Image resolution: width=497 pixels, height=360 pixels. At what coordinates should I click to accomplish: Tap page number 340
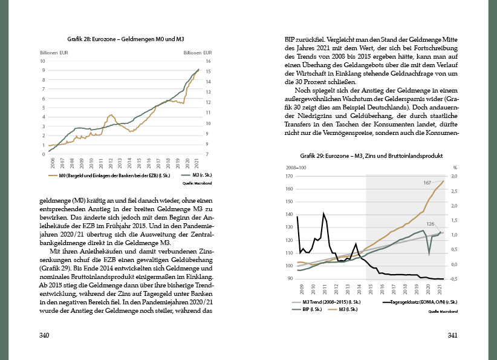[44, 335]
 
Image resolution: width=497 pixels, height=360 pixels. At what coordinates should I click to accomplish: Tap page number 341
[452, 335]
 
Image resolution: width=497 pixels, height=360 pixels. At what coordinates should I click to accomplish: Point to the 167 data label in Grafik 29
[427, 182]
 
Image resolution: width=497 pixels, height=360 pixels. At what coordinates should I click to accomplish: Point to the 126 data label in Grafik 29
[431, 224]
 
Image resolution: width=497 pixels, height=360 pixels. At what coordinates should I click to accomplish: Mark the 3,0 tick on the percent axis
[454, 177]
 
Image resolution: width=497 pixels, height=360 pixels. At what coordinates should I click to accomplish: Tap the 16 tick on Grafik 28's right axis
[208, 61]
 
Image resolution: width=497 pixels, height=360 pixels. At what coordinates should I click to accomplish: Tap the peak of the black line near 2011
[324, 213]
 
